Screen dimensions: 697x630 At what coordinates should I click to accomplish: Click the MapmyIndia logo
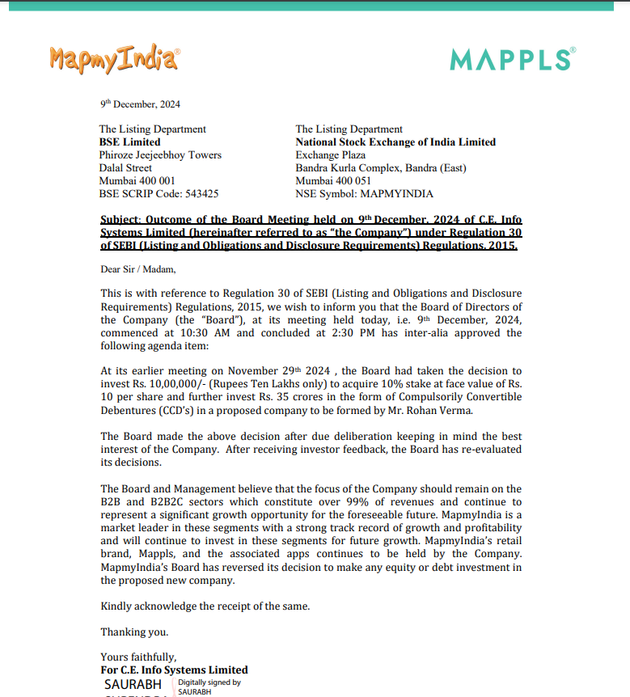114,58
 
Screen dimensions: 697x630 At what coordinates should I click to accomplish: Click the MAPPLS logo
513,59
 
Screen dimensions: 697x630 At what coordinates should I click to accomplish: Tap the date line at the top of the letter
140,104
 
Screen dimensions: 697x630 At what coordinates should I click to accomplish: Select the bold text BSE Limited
129,142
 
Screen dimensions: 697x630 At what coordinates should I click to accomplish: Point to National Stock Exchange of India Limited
395,142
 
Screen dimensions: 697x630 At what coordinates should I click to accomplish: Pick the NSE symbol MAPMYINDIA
395,194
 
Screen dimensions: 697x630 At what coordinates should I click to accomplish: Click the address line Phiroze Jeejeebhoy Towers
160,155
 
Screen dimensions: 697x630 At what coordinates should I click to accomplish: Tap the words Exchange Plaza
330,155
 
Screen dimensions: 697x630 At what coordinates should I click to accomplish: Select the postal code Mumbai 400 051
333,181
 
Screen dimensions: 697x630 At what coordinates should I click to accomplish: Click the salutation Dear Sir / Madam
137,269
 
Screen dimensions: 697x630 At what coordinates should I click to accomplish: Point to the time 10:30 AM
210,333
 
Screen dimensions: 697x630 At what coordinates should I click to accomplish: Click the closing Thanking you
134,632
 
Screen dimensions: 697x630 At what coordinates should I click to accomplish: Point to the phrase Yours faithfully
138,657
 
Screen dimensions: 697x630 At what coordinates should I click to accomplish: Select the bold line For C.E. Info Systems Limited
174,670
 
